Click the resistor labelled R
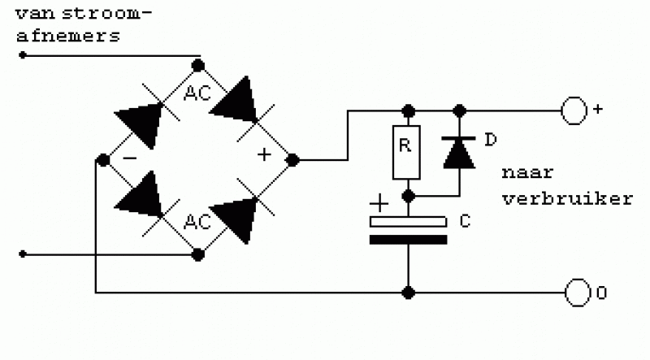tap(406, 152)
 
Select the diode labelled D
tap(459, 152)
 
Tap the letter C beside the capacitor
tap(465, 221)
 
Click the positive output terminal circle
tap(574, 111)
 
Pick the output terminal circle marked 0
tap(578, 293)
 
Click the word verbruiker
tap(567, 198)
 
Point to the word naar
tap(527, 172)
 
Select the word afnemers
tap(68, 36)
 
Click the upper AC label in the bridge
tap(197, 93)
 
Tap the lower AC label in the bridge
tap(197, 223)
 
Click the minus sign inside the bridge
tap(130, 158)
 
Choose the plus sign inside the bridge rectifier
tap(264, 154)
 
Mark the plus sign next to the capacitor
tap(379, 203)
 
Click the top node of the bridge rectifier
tap(198, 66)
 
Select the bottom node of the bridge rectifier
tap(198, 254)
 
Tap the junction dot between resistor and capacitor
tap(409, 196)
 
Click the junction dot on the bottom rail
tap(409, 293)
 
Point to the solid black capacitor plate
tap(409, 240)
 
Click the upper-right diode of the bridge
tap(237, 102)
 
